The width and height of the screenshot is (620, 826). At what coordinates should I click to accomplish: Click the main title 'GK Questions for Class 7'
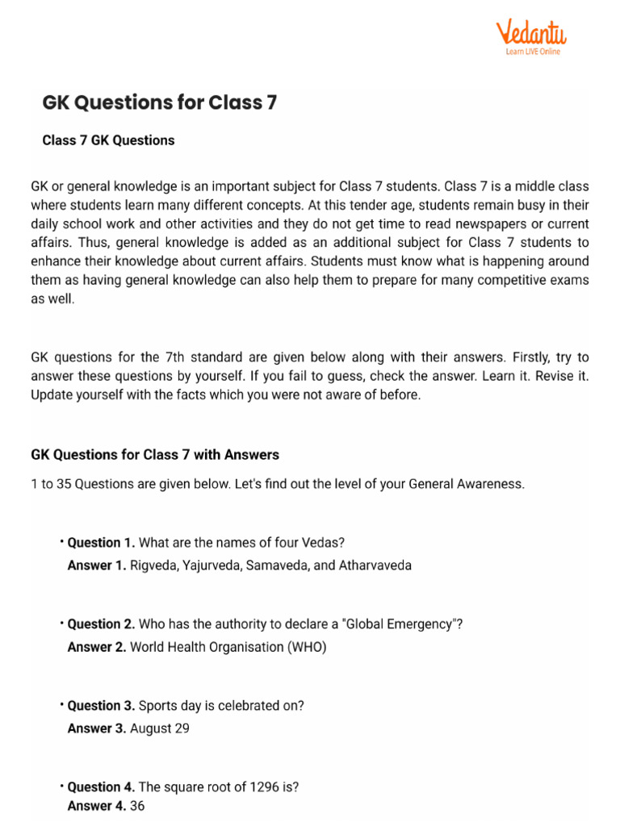point(159,103)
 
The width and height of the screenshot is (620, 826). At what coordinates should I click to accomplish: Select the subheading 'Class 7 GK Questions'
point(108,140)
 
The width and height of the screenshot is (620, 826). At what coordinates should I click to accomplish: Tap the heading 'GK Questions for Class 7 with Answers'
point(155,455)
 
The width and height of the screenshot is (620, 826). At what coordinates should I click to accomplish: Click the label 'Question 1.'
point(101,543)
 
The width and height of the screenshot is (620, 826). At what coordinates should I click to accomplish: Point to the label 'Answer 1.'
point(97,565)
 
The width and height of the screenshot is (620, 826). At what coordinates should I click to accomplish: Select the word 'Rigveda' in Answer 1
point(152,565)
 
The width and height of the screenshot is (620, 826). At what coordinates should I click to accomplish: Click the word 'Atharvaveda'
point(375,565)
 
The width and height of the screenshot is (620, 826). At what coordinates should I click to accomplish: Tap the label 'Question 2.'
point(101,624)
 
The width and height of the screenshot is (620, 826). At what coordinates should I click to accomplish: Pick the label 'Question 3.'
point(101,706)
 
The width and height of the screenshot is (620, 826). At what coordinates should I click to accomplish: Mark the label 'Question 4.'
point(101,787)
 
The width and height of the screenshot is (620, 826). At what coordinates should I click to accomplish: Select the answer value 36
point(137,806)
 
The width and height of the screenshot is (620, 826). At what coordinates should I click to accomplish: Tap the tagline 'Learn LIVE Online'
point(533,52)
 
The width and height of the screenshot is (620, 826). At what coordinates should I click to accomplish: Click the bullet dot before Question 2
point(61,623)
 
